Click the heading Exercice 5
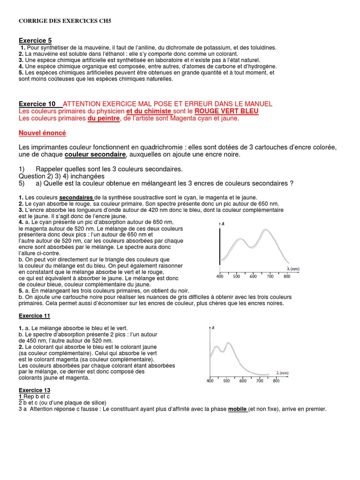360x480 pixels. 35,41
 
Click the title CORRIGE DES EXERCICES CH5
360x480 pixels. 65,21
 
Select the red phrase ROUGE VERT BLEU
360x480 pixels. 226,111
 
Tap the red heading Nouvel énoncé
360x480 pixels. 42,133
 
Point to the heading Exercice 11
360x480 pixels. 34,315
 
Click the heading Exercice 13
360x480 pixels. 34,390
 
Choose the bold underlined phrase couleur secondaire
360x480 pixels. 95,154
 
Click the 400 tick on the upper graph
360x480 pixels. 219,277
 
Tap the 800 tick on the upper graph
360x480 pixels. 286,277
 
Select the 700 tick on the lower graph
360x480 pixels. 259,381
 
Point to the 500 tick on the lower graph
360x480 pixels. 226,381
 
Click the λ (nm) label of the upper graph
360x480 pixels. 293,269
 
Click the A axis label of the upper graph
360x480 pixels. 223,224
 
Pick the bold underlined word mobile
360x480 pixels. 238,409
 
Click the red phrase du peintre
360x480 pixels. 104,119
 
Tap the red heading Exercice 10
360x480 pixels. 37,104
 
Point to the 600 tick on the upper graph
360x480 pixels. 253,277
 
